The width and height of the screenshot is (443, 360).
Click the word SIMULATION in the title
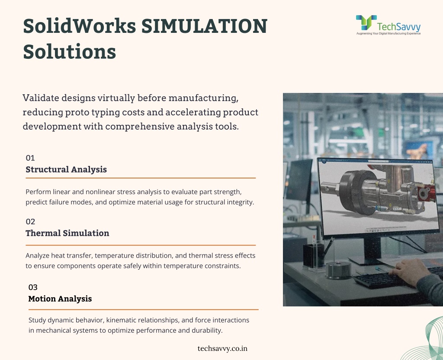[204, 26]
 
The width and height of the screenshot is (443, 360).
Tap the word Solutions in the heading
[70, 51]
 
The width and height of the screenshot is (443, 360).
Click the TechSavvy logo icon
[366, 22]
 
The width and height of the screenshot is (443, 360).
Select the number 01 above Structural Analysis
[30, 158]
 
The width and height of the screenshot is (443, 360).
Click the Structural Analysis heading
[66, 169]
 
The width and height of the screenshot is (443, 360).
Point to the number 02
[30, 221]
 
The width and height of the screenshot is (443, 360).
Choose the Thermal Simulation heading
[67, 233]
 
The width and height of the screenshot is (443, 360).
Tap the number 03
[33, 287]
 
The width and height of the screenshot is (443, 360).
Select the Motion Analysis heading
[60, 299]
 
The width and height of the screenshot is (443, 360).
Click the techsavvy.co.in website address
[223, 348]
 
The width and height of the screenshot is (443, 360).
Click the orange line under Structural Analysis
[141, 178]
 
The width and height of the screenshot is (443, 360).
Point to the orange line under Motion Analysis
[144, 309]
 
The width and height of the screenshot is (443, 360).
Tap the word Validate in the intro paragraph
[41, 98]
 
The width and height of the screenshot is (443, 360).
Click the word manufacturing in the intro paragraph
[203, 98]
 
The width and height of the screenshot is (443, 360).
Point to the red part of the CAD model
[427, 193]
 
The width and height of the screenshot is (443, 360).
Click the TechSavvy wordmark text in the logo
[398, 26]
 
